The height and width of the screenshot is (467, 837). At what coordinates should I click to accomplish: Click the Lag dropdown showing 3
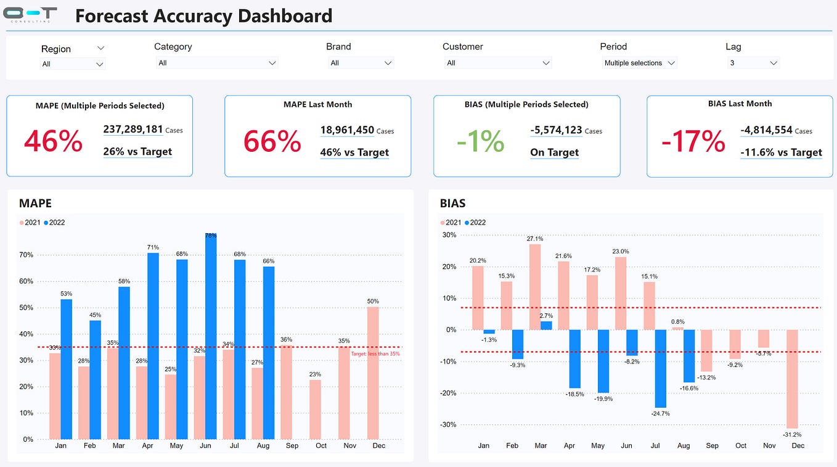[754, 63]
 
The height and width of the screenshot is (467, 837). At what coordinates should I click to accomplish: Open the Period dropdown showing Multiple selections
[639, 63]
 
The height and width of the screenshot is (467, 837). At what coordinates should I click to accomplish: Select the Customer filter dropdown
[497, 63]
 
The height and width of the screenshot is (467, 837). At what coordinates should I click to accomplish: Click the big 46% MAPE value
[53, 141]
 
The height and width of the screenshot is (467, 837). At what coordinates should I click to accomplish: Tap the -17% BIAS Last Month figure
[693, 141]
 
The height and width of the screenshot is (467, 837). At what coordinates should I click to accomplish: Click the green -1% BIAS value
[480, 141]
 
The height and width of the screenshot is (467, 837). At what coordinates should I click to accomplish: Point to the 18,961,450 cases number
[347, 130]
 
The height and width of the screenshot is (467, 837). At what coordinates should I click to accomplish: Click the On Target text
[554, 152]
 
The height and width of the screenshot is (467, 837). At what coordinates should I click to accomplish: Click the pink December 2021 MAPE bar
[373, 373]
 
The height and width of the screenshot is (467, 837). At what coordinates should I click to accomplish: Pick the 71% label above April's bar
[153, 247]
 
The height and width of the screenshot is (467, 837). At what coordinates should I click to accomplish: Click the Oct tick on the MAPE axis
[321, 445]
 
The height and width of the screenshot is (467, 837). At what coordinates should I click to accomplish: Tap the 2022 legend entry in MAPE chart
[56, 222]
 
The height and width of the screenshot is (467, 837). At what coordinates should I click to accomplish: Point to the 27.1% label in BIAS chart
[535, 239]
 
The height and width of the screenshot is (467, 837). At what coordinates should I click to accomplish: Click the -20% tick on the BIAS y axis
[448, 393]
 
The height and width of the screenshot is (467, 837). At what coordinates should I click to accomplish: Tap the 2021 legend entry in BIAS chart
[452, 222]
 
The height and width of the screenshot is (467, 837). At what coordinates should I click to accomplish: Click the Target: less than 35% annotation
[375, 354]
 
